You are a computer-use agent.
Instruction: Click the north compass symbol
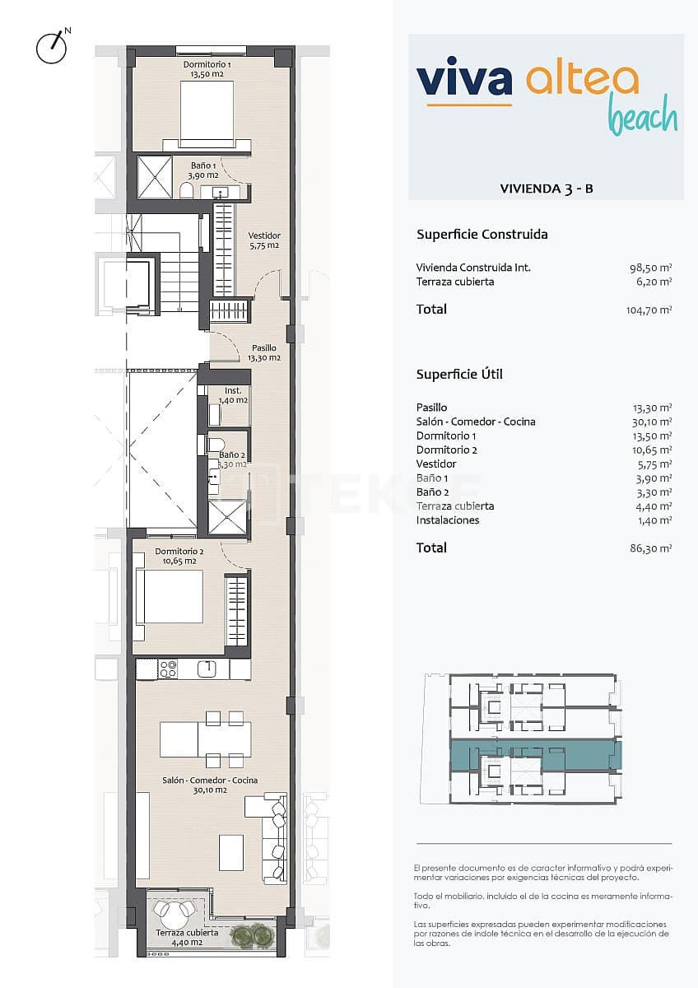tap(52, 48)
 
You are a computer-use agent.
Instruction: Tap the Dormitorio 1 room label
tap(206, 69)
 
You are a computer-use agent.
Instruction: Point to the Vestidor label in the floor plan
tap(264, 240)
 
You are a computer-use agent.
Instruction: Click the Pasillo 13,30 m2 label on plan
tap(263, 353)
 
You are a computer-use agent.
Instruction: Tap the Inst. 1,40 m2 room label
tap(232, 395)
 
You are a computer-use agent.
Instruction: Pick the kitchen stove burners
tap(168, 669)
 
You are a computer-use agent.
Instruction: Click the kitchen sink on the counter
tap(207, 669)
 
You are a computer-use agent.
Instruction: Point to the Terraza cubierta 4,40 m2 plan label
tap(187, 937)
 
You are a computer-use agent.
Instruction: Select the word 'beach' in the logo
tap(642, 116)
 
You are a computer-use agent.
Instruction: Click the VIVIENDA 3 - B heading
tap(547, 189)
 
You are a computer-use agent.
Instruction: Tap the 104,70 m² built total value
tap(649, 310)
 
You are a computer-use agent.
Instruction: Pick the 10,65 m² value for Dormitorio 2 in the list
tap(651, 450)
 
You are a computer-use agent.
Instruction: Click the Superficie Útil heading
tap(459, 375)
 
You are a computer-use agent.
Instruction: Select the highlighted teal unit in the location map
tap(535, 753)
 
